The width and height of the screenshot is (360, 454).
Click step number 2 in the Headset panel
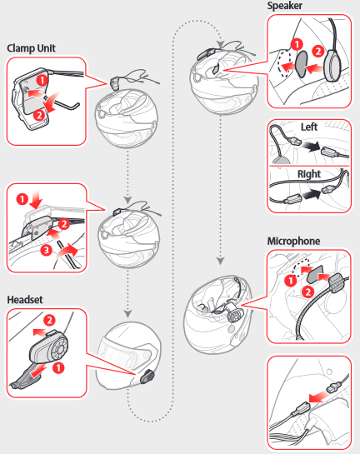coord(49,320)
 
